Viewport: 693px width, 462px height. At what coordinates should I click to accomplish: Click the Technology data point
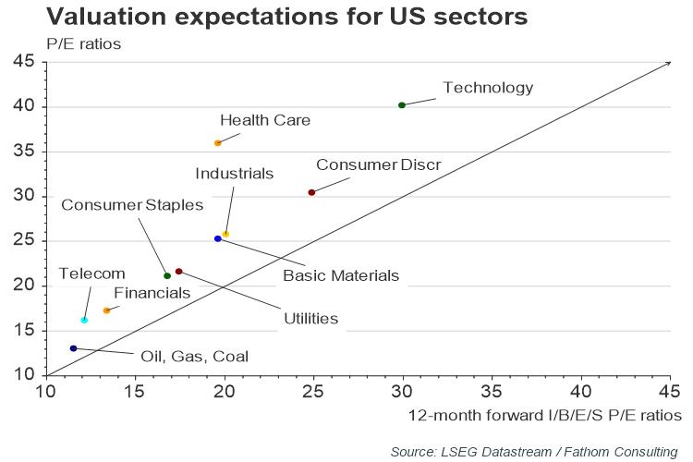[x=402, y=105]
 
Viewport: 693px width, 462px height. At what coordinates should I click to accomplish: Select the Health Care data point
[x=217, y=143]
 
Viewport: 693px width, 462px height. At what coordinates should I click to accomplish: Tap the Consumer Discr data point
[x=311, y=192]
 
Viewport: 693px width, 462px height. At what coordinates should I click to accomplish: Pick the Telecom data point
[x=84, y=320]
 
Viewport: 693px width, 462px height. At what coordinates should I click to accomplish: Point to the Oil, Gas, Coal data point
[x=73, y=348]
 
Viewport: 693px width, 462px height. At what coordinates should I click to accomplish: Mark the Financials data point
[x=106, y=310]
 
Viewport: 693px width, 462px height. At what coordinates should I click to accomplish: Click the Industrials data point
[x=225, y=235]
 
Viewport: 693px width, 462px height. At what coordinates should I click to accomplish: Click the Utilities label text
[x=310, y=319]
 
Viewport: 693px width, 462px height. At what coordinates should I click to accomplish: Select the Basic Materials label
[x=341, y=274]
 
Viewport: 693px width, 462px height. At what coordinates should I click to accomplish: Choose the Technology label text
[x=488, y=88]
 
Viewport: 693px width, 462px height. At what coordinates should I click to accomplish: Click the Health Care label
[x=265, y=120]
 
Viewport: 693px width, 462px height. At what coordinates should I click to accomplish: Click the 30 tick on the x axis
[x=402, y=392]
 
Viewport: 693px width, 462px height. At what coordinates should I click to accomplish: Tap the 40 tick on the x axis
[x=580, y=392]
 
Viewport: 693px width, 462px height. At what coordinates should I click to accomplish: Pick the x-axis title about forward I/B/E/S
[x=544, y=415]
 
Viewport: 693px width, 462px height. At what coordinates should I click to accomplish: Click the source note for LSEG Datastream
[x=534, y=451]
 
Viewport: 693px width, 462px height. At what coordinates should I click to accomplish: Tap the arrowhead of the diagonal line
[x=667, y=64]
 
